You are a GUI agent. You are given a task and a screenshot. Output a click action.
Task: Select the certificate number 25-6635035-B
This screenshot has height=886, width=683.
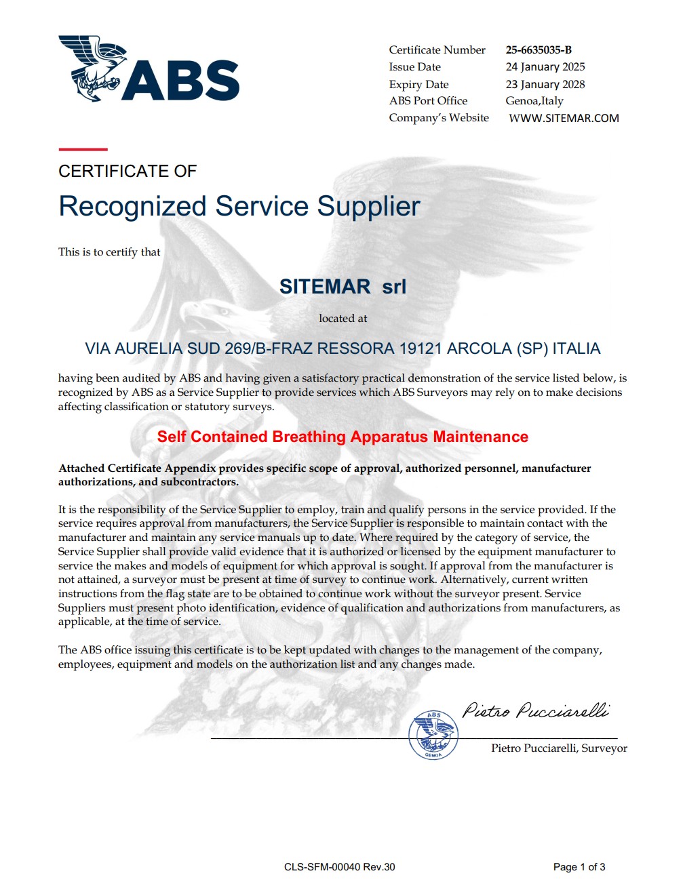click(539, 49)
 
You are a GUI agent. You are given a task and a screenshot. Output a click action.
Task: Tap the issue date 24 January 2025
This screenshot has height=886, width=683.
click(545, 66)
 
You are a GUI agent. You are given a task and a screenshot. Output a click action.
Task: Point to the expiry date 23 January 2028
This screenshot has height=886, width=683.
click(545, 84)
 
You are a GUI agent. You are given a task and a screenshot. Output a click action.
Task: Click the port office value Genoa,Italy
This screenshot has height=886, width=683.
click(534, 101)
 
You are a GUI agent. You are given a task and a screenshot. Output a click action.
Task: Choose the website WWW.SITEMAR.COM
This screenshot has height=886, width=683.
click(564, 118)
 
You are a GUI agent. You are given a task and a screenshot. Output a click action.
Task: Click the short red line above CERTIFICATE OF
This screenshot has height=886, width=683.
click(83, 148)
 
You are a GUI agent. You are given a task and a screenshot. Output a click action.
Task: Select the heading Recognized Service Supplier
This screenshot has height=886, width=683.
click(239, 206)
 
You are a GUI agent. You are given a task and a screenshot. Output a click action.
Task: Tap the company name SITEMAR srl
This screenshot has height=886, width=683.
click(343, 286)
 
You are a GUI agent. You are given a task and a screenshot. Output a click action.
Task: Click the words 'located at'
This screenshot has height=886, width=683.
click(343, 318)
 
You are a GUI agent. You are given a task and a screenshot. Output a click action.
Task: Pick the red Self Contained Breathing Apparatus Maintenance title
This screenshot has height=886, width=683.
click(343, 437)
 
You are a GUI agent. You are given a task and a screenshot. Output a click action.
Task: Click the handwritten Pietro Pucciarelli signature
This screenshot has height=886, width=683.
click(535, 710)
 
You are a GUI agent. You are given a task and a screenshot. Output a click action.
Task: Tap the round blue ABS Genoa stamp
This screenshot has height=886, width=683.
click(433, 735)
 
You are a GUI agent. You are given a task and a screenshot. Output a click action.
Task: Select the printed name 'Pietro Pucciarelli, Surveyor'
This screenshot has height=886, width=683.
click(559, 748)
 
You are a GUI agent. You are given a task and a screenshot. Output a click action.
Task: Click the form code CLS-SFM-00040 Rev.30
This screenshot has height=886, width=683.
click(339, 867)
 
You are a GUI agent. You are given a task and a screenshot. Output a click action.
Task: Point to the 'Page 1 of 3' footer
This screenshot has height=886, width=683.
click(579, 867)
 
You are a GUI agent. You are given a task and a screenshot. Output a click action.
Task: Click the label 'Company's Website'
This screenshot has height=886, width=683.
click(438, 118)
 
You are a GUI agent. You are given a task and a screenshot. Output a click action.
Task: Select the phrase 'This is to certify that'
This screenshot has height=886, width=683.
click(109, 252)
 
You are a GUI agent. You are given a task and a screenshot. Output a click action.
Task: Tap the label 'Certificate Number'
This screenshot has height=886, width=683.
click(437, 49)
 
